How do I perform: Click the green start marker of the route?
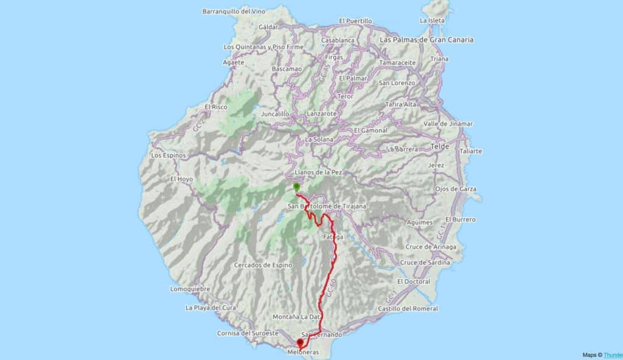(x=296, y=187)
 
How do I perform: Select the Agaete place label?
(x=234, y=62)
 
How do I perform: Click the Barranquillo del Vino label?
(x=235, y=11)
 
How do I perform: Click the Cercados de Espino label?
(x=263, y=265)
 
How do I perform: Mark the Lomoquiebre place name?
(x=190, y=289)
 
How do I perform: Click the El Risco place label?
(x=216, y=107)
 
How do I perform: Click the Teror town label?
(x=346, y=96)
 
